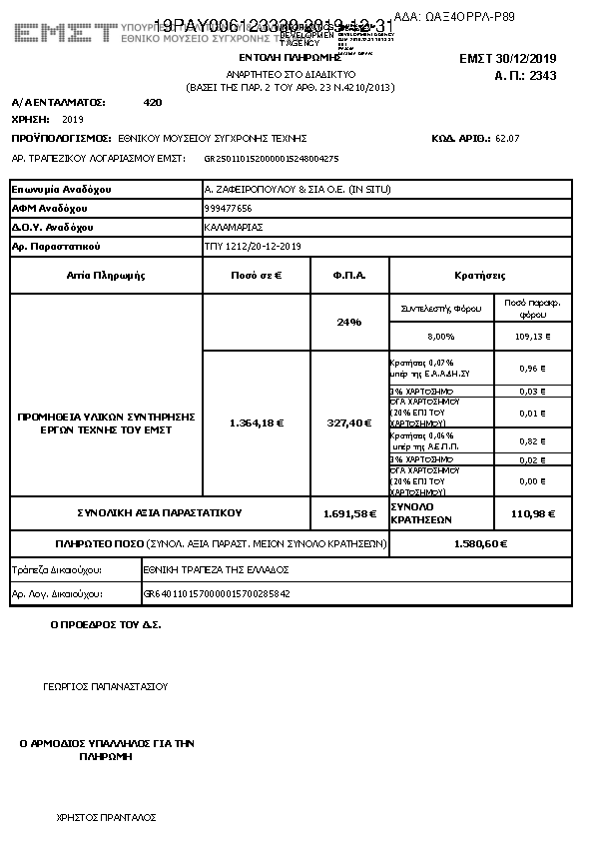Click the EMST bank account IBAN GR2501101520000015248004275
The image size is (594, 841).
[x=271, y=158]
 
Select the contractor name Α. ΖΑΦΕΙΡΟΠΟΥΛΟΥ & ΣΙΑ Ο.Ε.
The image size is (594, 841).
[x=296, y=189]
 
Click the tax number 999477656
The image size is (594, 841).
[x=228, y=208]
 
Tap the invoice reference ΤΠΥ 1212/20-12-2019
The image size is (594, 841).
[x=252, y=246]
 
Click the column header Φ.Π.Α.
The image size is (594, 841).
[x=348, y=275]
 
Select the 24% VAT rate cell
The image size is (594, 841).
[x=348, y=322]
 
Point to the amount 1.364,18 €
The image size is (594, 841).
[x=256, y=422]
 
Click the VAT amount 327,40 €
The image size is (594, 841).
[x=348, y=422]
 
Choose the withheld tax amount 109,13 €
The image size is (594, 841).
[x=534, y=337]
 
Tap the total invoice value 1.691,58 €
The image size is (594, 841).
[x=348, y=513]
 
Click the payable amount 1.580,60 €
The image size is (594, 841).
[x=480, y=544]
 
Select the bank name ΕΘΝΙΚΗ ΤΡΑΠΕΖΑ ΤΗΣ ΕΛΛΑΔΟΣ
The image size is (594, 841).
[x=216, y=569]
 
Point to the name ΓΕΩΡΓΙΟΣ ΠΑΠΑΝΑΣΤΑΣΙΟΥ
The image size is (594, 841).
[x=106, y=687]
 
